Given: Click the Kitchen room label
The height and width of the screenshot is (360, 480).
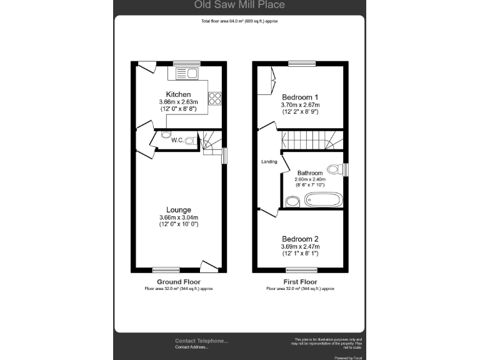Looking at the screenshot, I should (178, 94).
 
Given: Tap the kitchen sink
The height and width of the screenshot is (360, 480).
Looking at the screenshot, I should (186, 74).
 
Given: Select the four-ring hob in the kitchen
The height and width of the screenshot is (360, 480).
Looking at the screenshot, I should (215, 98).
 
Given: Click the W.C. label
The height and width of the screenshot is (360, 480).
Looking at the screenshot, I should (177, 140).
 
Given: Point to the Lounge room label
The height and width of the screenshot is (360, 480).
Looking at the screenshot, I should (179, 209).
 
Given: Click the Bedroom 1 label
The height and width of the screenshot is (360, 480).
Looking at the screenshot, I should (300, 97).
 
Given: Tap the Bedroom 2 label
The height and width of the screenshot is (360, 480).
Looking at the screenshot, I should (300, 239).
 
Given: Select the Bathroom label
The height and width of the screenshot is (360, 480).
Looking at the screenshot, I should (310, 173).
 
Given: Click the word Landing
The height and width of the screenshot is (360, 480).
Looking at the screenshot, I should (269, 162).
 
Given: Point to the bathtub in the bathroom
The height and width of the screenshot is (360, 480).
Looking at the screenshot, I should (322, 200).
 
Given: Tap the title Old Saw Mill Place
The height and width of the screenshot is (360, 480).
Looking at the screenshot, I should (239, 5).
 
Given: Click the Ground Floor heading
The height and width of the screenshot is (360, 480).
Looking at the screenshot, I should (179, 282).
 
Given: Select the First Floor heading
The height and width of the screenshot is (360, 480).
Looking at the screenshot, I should (301, 282).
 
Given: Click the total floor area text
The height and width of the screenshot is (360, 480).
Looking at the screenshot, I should (239, 21).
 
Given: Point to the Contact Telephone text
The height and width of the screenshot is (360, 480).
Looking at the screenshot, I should (201, 341).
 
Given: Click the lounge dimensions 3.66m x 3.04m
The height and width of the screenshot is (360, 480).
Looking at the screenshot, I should (179, 217).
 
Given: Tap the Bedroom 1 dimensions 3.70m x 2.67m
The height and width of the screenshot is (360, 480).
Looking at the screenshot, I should (300, 105).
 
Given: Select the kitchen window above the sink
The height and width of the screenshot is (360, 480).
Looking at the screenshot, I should (182, 62).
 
